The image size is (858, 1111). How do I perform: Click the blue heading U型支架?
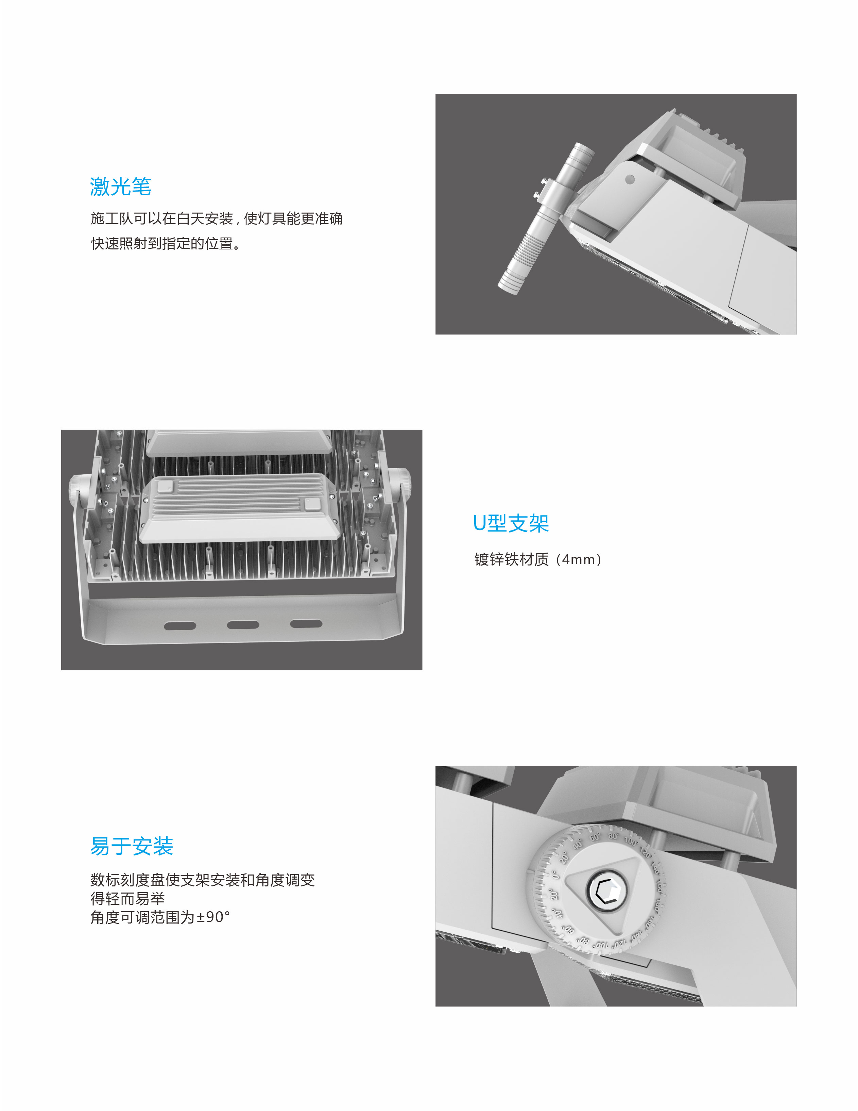pos(511,523)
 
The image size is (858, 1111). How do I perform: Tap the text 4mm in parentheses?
pos(579,559)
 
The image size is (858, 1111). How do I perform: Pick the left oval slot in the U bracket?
pos(180,626)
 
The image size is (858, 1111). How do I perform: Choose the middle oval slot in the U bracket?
pos(243,625)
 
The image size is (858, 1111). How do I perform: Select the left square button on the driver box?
pos(165,487)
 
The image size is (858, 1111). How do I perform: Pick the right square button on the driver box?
pos(313,504)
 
